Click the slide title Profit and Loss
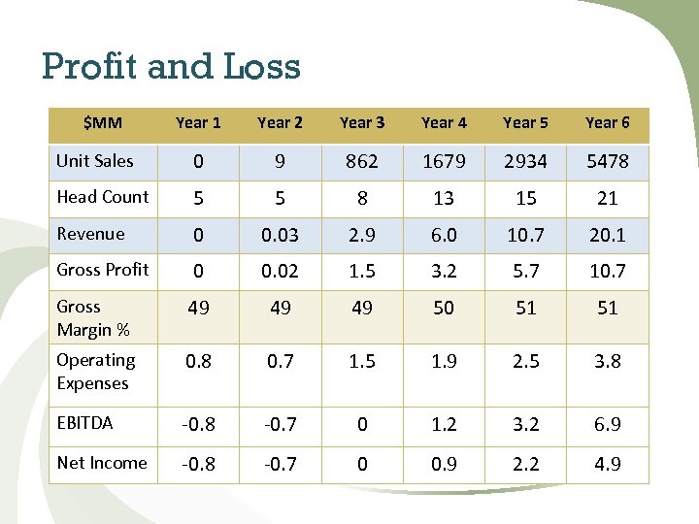click(x=171, y=66)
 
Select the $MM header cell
click(x=102, y=123)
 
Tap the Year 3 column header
click(x=362, y=123)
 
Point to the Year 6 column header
click(x=607, y=123)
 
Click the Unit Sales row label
click(x=95, y=161)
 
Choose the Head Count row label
click(x=103, y=197)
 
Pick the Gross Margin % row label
click(x=93, y=318)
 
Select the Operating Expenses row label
click(x=95, y=372)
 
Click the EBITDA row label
click(x=84, y=423)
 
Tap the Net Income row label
click(x=102, y=463)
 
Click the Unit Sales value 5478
click(x=607, y=162)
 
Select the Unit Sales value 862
click(x=362, y=162)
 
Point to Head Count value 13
click(x=444, y=199)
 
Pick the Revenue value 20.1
click(x=607, y=235)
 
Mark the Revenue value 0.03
click(x=280, y=235)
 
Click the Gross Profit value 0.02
click(x=280, y=271)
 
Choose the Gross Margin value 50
click(x=444, y=309)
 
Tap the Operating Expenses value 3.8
click(x=607, y=362)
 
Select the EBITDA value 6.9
click(x=607, y=425)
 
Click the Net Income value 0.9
click(x=444, y=465)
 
